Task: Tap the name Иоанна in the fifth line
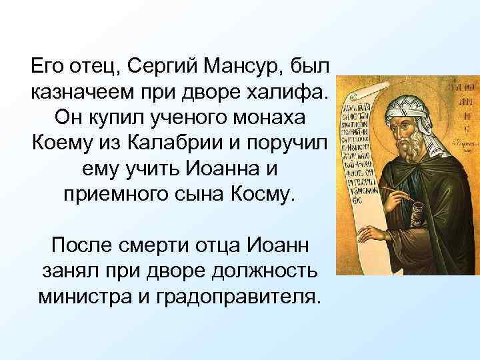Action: point(224,170)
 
